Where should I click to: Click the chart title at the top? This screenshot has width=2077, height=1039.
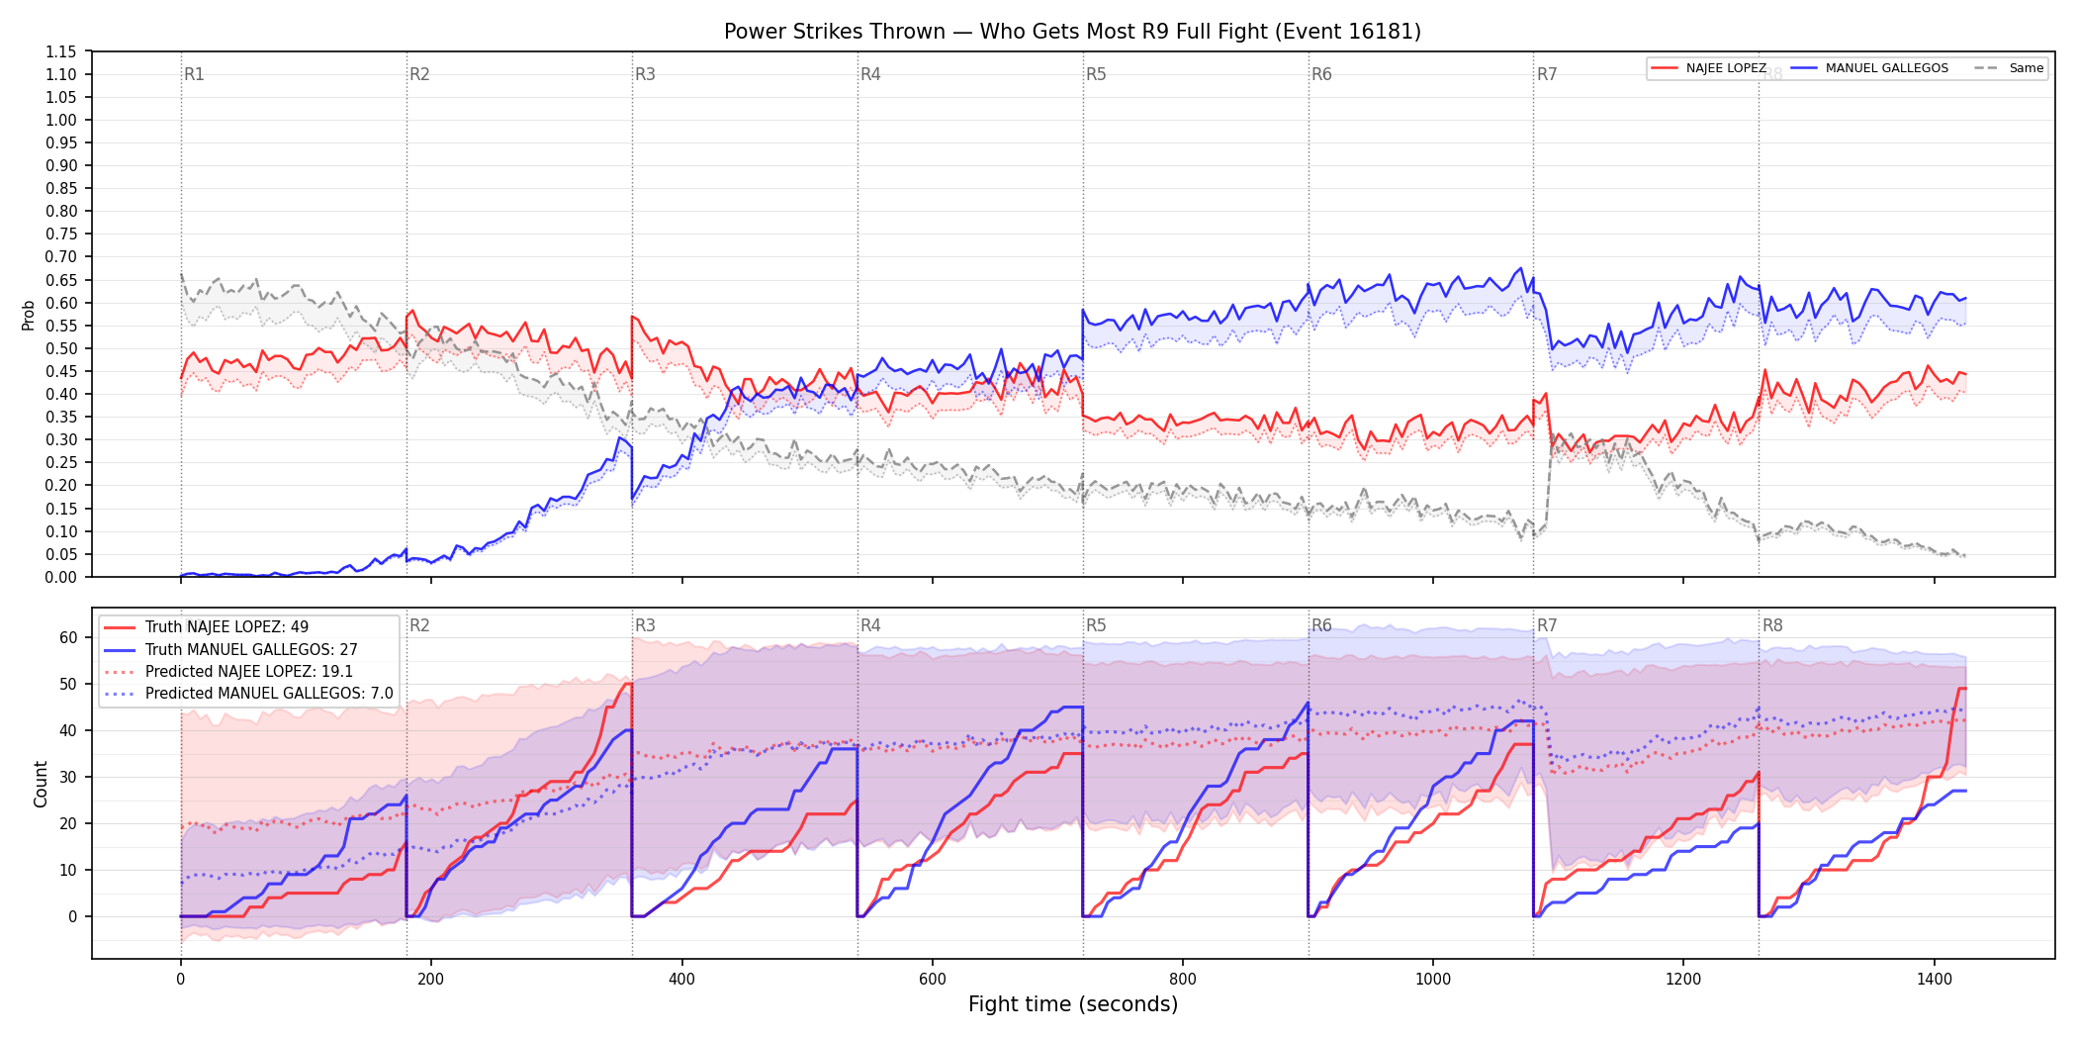click(1072, 32)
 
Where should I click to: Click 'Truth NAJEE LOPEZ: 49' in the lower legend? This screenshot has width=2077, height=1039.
click(226, 627)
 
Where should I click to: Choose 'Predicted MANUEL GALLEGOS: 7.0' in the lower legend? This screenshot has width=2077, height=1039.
click(269, 694)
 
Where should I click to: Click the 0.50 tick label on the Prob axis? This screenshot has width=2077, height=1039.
click(61, 348)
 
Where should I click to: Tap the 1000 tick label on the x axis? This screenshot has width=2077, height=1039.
click(1433, 980)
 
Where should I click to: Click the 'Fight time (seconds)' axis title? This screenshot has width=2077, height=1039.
click(1073, 1004)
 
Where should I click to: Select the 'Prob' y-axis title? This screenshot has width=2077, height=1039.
click(29, 315)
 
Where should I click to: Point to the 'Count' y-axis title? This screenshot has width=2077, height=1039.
click(41, 784)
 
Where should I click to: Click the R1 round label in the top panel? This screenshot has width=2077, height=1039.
click(194, 74)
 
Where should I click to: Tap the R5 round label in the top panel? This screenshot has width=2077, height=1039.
click(1096, 74)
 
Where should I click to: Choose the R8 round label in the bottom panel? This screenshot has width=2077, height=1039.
click(1772, 625)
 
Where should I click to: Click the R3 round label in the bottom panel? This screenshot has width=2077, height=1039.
click(645, 625)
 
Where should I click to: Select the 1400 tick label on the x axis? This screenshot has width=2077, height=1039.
click(1935, 980)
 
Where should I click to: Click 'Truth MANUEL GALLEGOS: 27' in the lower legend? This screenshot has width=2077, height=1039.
click(251, 650)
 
